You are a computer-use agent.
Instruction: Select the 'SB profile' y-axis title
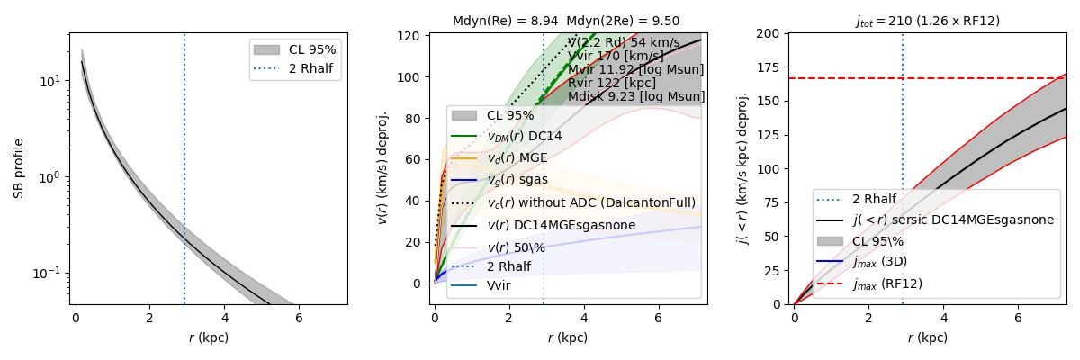pos(18,168)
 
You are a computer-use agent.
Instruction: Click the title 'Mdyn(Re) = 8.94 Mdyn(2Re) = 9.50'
pos(566,21)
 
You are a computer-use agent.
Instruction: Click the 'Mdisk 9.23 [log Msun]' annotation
pos(636,96)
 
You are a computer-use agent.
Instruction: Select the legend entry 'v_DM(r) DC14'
pos(524,136)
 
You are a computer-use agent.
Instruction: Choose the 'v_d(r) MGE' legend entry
pos(517,158)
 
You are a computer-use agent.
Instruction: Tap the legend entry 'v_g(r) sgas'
pos(517,180)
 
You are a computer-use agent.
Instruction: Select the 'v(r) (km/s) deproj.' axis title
pos(383,168)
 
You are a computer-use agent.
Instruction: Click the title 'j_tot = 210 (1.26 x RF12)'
pos(927,21)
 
